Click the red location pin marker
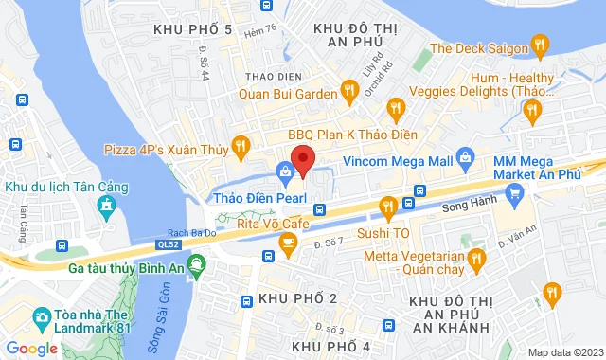(302, 160)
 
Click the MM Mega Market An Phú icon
(515, 196)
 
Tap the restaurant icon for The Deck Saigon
(540, 44)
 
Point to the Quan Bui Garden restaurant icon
(349, 91)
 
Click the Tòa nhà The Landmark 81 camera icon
(42, 315)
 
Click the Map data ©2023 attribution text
(564, 352)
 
